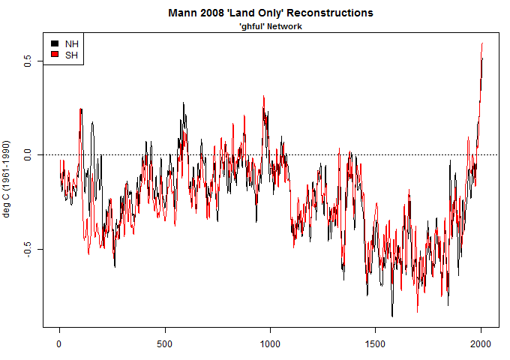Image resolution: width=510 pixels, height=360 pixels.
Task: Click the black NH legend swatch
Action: pos(54,43)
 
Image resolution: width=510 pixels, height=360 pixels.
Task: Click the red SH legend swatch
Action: pos(54,55)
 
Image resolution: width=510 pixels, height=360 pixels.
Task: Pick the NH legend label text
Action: pos(72,43)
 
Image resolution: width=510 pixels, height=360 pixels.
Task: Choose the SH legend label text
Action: pos(72,55)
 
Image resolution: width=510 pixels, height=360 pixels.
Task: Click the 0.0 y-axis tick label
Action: pos(28,154)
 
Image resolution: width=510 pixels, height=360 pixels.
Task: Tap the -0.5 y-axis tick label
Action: pos(28,249)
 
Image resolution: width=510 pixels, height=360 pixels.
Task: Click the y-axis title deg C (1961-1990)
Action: pos(7,178)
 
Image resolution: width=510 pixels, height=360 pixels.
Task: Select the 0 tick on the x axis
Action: pos(59,343)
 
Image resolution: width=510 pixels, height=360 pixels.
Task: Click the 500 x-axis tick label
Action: pos(164,343)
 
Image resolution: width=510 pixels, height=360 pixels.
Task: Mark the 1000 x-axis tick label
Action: pos(269,343)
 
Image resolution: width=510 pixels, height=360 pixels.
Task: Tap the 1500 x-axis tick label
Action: pos(374,343)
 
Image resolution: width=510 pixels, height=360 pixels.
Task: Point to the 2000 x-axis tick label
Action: pos(480,343)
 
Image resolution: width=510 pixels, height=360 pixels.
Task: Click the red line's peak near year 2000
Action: pos(482,43)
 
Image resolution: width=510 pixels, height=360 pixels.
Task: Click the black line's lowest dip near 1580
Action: pos(391,316)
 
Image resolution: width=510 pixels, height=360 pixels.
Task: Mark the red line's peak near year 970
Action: pos(263,97)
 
